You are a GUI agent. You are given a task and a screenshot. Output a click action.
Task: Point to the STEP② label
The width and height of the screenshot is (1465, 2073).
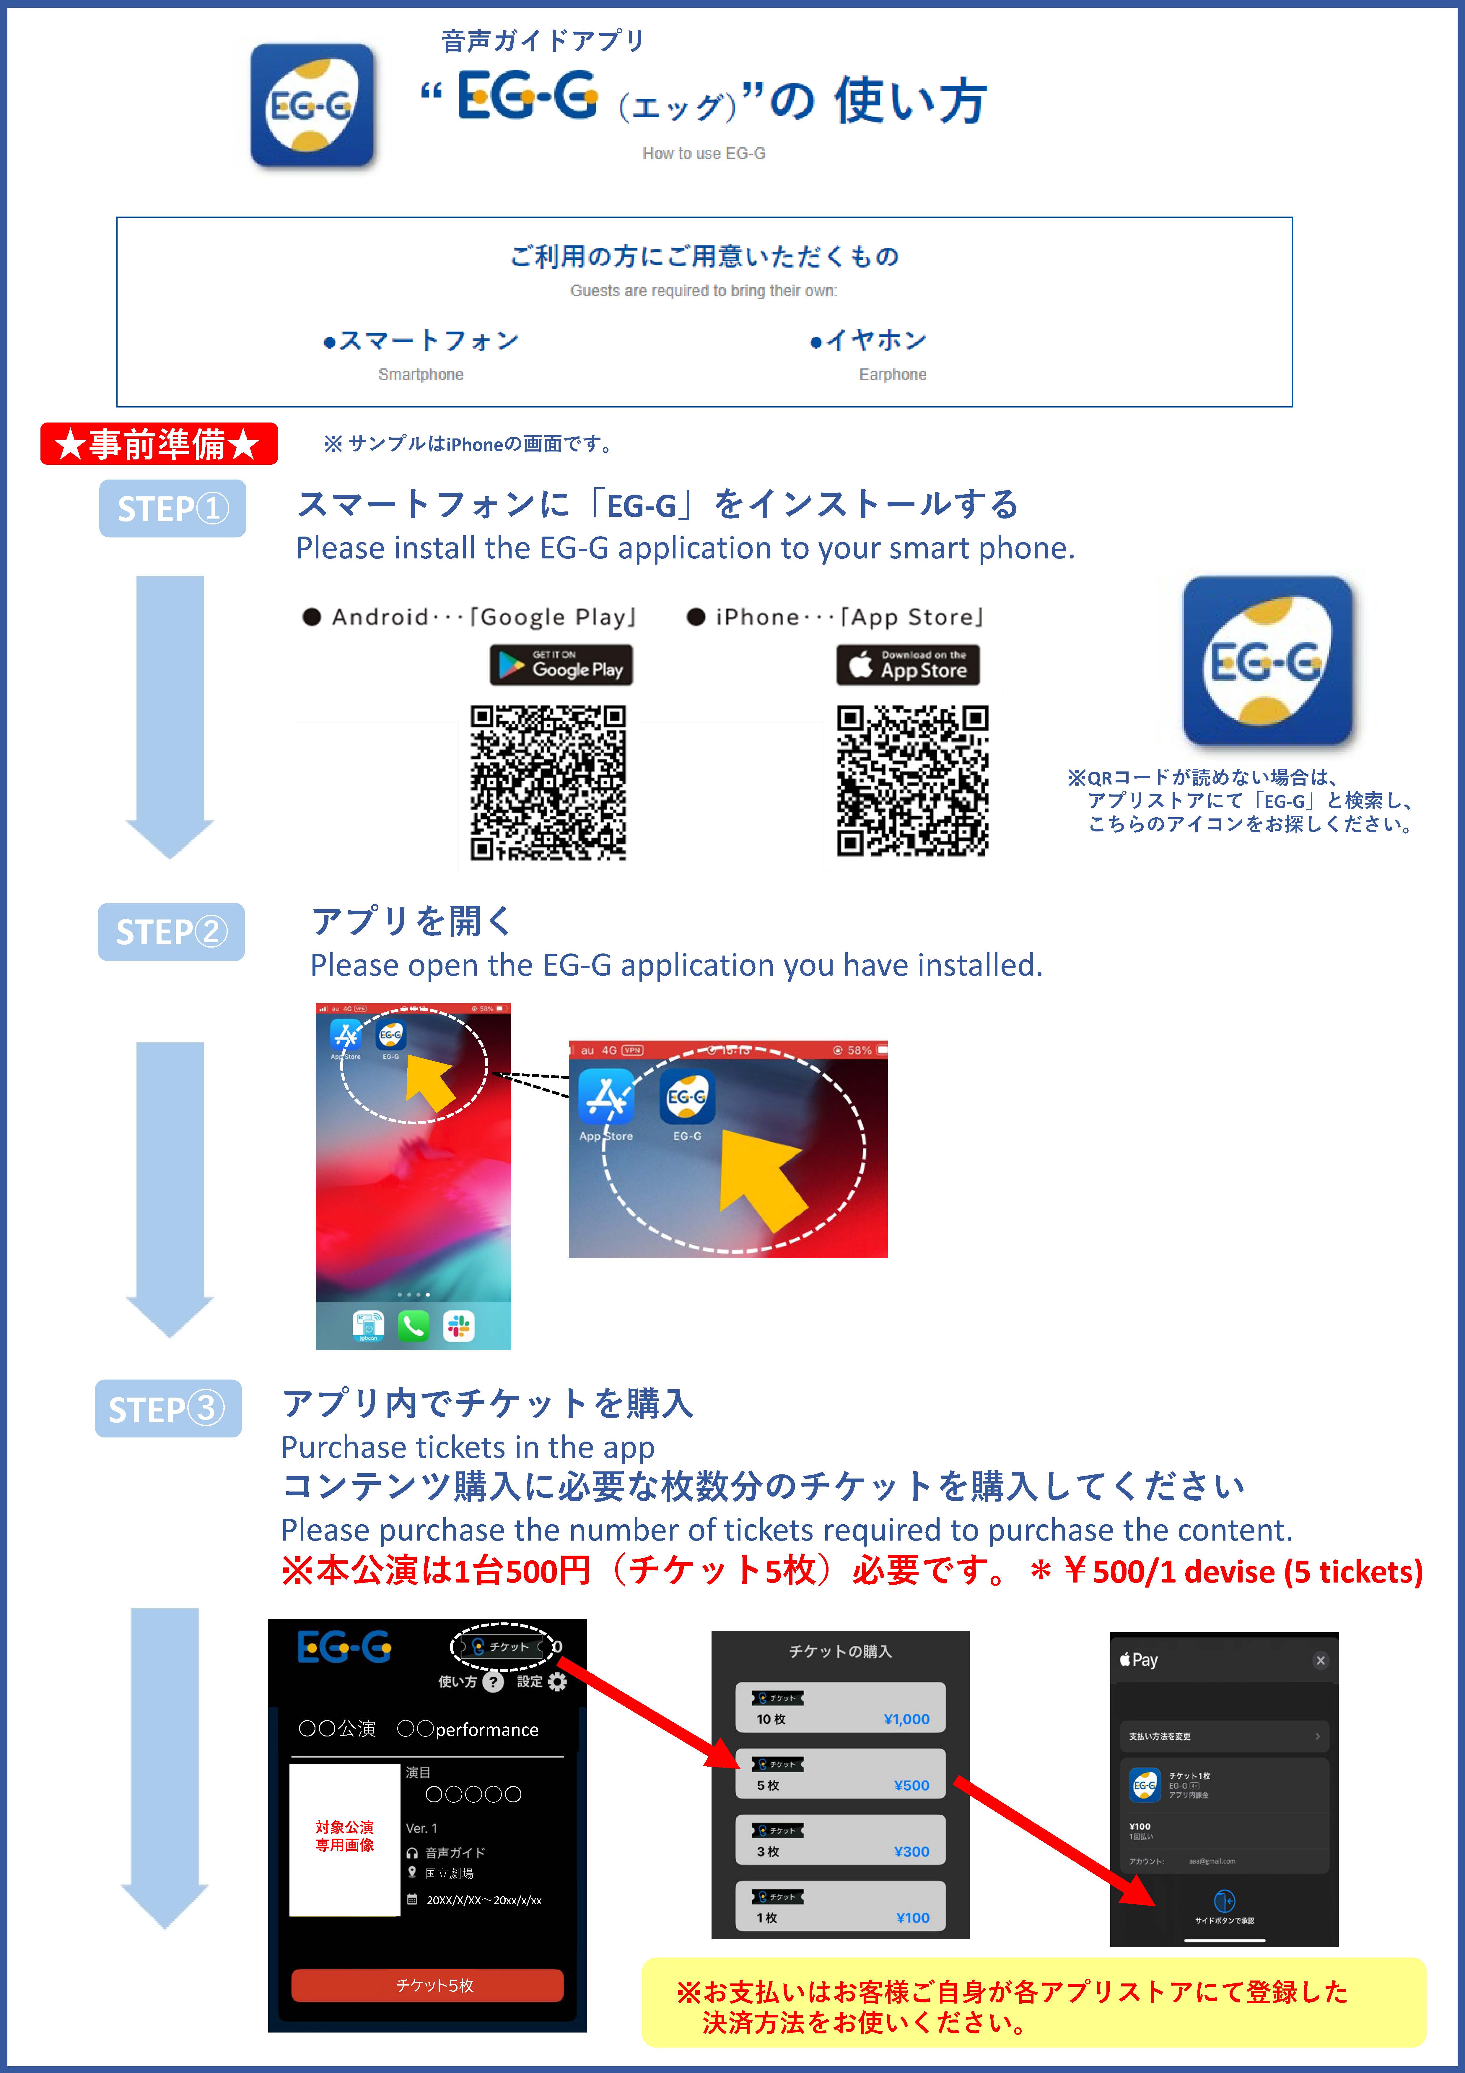pos(171,932)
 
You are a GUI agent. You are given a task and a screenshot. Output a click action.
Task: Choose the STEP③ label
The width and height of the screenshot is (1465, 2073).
pos(168,1408)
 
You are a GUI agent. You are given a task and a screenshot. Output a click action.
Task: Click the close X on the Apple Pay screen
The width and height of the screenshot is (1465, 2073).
pos(1320,1661)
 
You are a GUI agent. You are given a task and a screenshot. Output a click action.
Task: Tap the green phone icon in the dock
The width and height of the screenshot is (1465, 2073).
pos(414,1326)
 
